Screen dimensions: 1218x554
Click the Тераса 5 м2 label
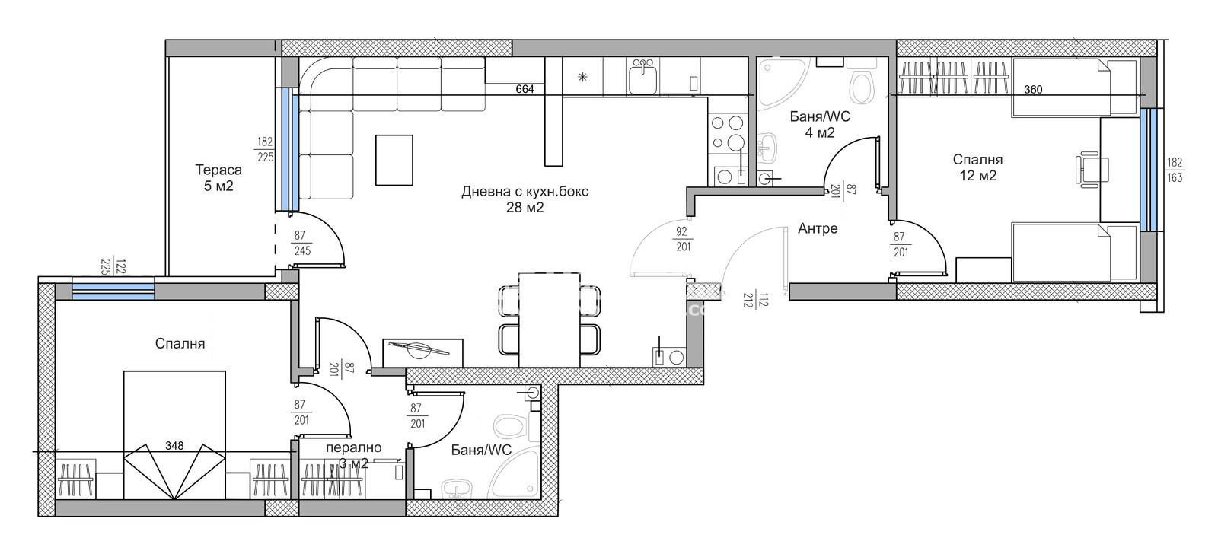coord(218,178)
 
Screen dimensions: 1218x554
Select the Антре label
coord(818,228)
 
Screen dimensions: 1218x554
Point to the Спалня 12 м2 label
coord(977,167)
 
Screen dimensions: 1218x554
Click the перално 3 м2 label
coord(353,456)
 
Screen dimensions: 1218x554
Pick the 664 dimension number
coord(525,89)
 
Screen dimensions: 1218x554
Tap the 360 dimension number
coord(1033,90)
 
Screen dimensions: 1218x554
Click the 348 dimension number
coord(174,446)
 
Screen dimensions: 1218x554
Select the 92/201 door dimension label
coord(683,239)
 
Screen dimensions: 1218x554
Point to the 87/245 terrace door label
coord(301,243)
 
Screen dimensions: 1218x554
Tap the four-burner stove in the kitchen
coord(728,132)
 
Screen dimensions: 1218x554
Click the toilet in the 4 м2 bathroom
coord(862,81)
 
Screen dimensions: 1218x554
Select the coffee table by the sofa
coord(394,160)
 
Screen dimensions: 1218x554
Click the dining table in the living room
coord(549,320)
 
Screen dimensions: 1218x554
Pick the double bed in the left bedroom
coord(174,435)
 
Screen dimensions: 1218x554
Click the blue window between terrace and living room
coord(289,149)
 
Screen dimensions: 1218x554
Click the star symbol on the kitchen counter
coord(582,77)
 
